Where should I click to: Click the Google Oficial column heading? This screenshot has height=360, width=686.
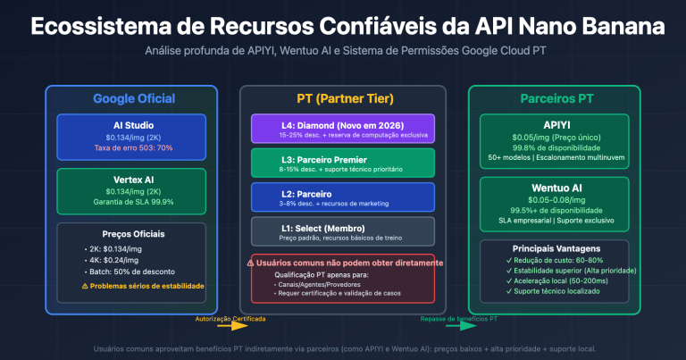[x=134, y=98]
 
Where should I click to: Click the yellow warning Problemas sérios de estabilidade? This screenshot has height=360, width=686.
[x=138, y=286]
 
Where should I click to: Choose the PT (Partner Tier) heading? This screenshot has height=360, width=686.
[x=344, y=98]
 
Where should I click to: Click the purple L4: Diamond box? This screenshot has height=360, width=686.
[x=343, y=128]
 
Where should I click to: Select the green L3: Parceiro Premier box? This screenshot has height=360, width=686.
[x=343, y=162]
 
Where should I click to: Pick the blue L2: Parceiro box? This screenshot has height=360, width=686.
[x=343, y=196]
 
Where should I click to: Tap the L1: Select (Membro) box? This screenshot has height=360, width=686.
[x=343, y=230]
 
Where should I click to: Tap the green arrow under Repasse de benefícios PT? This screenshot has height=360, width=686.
[x=455, y=327]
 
